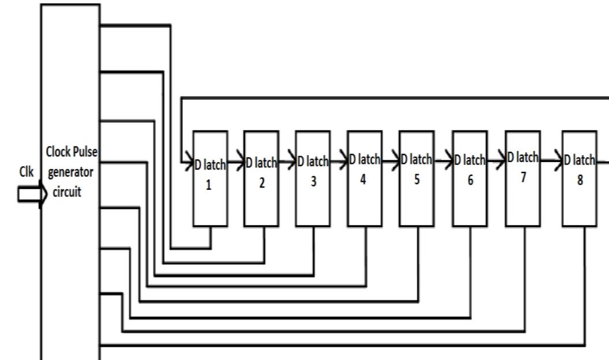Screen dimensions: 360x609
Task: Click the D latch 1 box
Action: tap(210, 178)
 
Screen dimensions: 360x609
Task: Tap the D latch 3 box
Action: tap(313, 178)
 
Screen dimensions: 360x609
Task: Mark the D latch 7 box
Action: tap(523, 178)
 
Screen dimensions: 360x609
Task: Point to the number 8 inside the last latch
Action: tap(580, 179)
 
